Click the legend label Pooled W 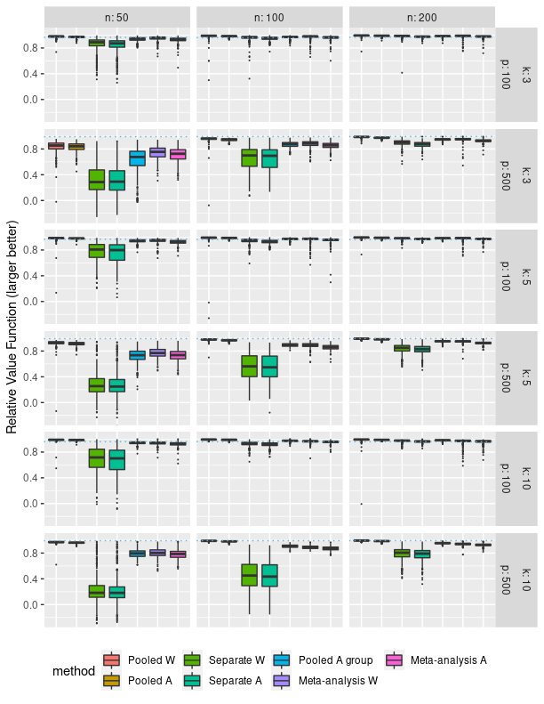(x=152, y=659)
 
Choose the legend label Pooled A (x=151, y=681)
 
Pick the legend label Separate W (x=236, y=659)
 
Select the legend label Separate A (x=236, y=681)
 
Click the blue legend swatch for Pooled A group (x=282, y=659)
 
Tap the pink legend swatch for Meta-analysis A (x=393, y=659)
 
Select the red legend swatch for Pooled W (x=111, y=659)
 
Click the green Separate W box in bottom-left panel (x=97, y=591)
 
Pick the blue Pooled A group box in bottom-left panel (x=137, y=554)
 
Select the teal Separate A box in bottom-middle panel (x=269, y=575)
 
